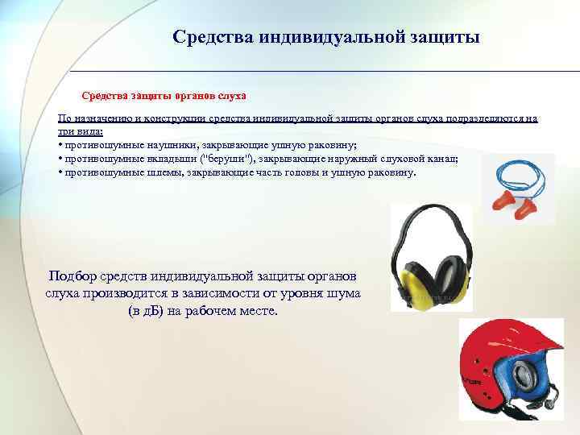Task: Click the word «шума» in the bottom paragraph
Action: [x=342, y=292]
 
